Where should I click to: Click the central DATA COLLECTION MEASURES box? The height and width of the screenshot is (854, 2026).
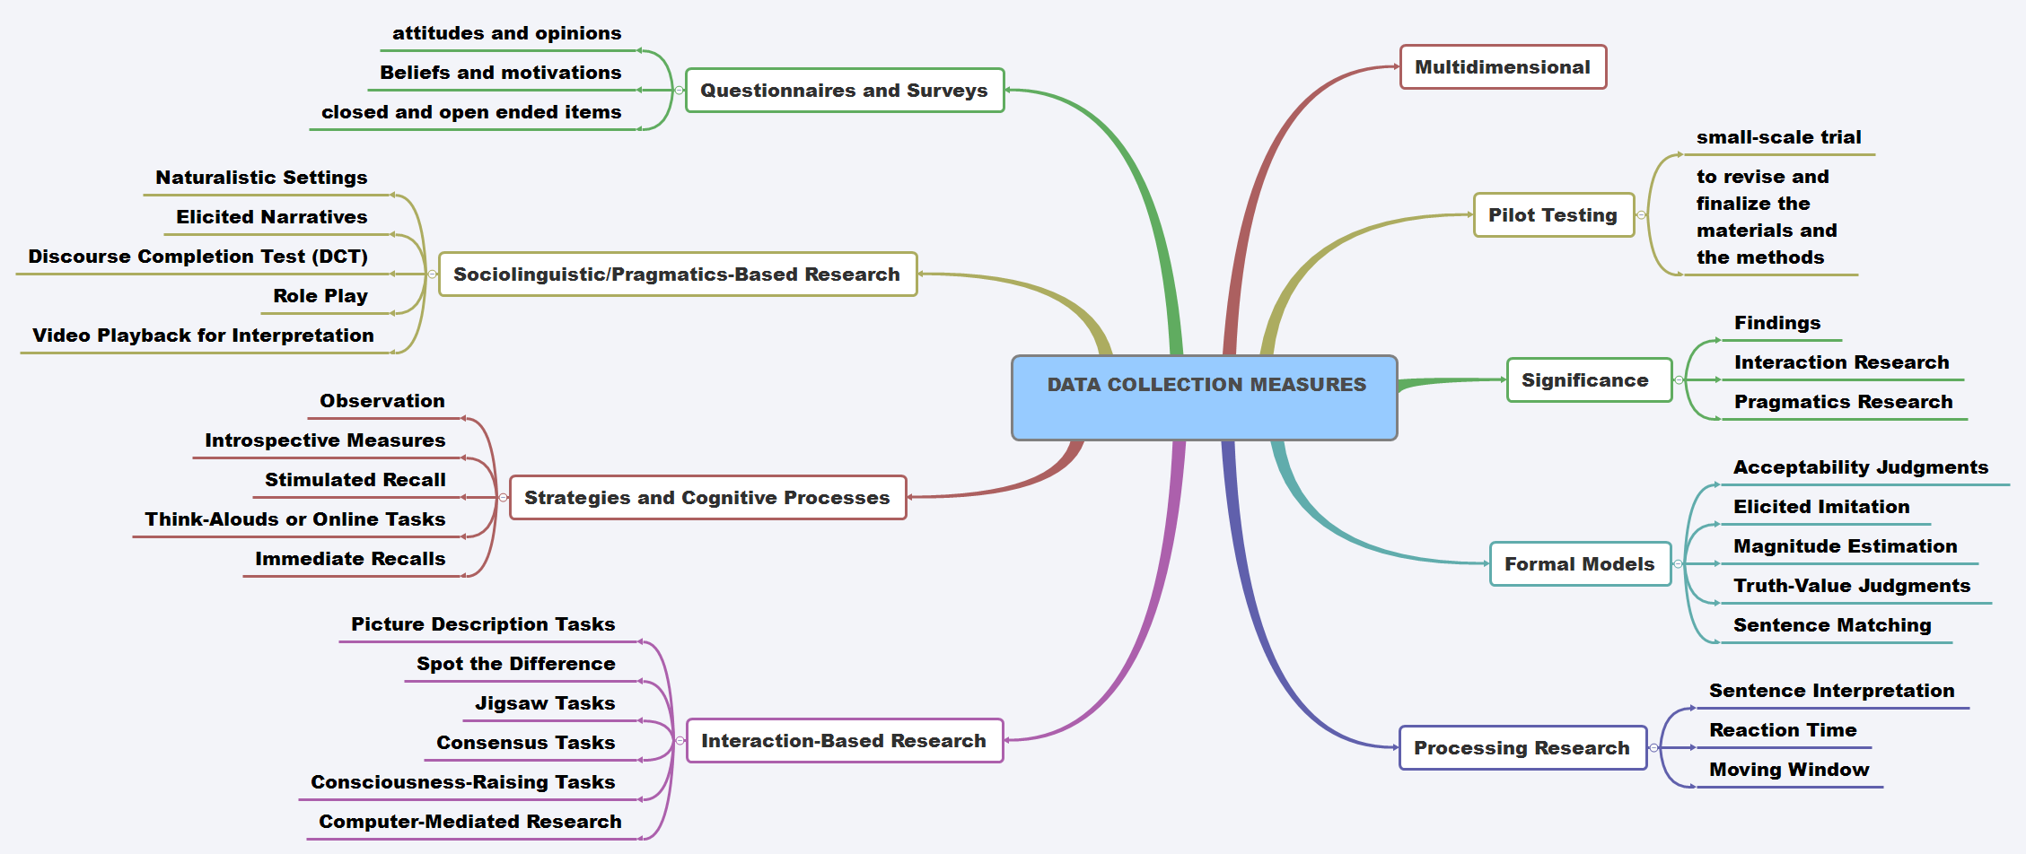[x=1204, y=397]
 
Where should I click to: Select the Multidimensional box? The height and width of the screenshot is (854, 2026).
[x=1503, y=67]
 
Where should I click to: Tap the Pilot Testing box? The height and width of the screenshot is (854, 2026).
[x=1553, y=215]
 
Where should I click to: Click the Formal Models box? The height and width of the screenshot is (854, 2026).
[x=1579, y=564]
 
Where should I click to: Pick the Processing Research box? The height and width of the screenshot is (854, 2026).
[x=1522, y=748]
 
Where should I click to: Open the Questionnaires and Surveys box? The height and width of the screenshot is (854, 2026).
[x=844, y=91]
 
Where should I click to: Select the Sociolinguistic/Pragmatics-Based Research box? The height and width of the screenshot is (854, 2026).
[x=677, y=274]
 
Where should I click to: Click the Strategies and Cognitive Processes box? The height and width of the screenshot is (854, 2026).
[x=707, y=498]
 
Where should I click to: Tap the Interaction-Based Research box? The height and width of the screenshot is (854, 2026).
[x=844, y=741]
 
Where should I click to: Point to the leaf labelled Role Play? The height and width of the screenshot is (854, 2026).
[x=320, y=296]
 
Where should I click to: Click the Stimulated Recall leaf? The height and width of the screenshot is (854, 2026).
[x=355, y=480]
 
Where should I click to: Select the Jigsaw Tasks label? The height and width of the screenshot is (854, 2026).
[x=545, y=703]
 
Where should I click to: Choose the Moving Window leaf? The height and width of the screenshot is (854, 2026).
[x=1789, y=770]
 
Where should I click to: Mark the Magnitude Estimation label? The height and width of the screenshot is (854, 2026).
[x=1845, y=546]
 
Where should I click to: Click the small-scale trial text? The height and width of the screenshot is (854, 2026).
[x=1778, y=137]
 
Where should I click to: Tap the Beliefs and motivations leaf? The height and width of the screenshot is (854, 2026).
[x=500, y=73]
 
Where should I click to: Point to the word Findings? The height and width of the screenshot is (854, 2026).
[x=1777, y=323]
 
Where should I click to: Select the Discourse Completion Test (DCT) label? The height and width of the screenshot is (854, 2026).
[x=197, y=257]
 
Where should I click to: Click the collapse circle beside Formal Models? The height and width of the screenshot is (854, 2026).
[x=1678, y=564]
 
